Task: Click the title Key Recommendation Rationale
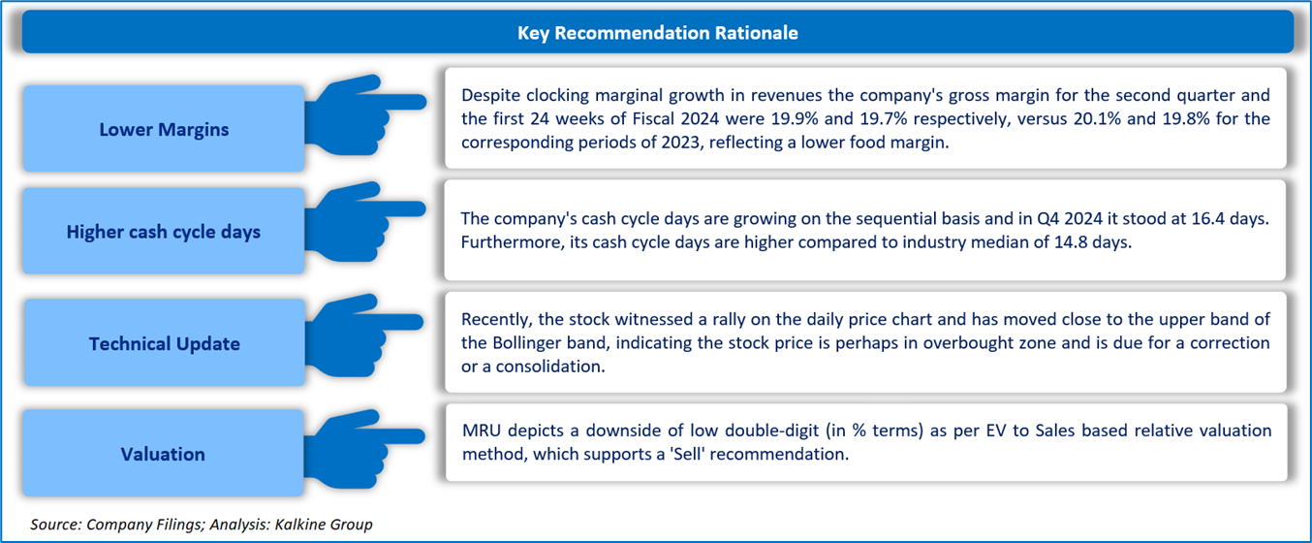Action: (x=657, y=33)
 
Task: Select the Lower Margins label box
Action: (x=164, y=128)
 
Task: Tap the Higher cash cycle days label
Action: (x=164, y=231)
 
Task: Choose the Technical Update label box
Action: (x=165, y=342)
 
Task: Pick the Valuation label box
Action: (x=163, y=453)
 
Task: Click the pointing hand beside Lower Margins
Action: (x=364, y=115)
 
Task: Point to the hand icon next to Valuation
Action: (x=363, y=450)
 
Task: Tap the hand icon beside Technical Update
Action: (x=363, y=335)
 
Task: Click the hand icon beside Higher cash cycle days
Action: (x=363, y=222)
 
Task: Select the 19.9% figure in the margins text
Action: (x=795, y=119)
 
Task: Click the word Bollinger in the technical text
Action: (x=528, y=343)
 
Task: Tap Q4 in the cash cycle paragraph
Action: (x=1048, y=219)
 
